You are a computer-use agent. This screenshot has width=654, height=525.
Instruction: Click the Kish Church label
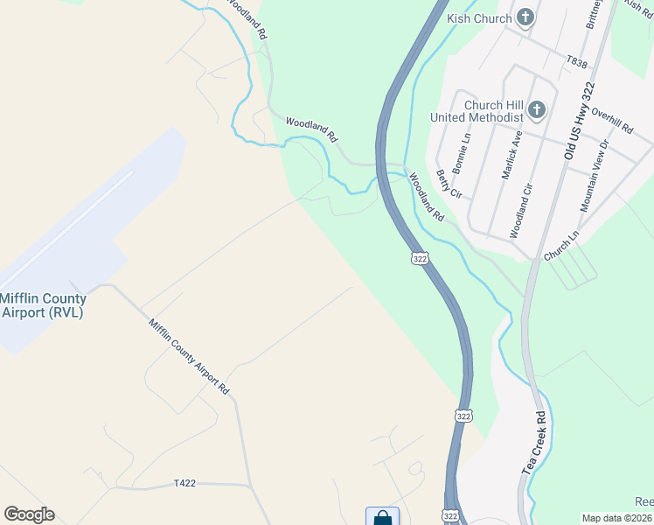[477, 17]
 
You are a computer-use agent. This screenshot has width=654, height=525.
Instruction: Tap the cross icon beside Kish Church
[525, 17]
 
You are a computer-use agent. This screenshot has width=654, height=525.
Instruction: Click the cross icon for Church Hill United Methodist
[537, 110]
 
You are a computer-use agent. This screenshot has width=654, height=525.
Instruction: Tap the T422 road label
[184, 483]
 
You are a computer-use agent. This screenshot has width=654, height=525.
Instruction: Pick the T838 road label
[576, 61]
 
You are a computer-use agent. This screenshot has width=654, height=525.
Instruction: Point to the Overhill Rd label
[612, 121]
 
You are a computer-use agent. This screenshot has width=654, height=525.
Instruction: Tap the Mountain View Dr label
[594, 175]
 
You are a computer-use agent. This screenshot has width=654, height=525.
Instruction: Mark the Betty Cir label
[448, 184]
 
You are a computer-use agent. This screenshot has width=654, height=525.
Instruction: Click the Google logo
[29, 514]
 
